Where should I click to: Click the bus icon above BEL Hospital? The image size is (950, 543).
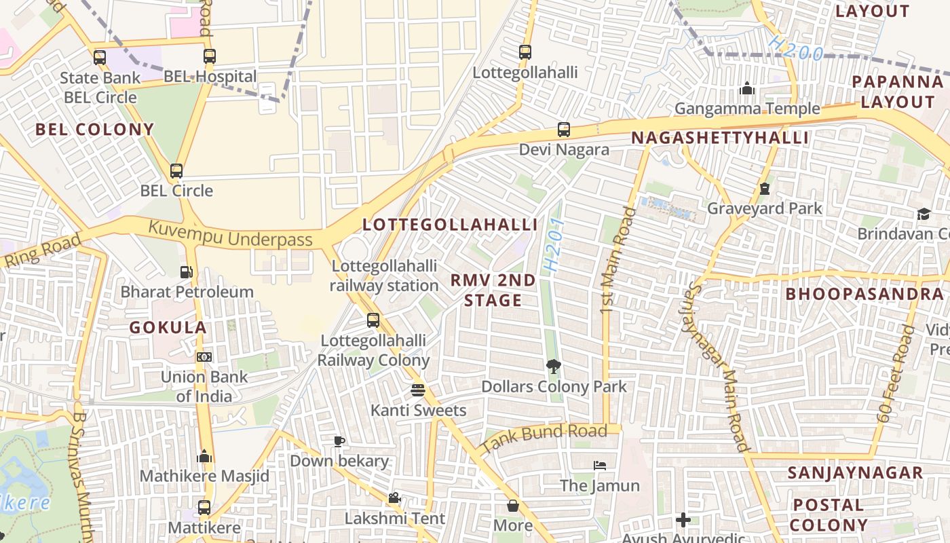[x=209, y=56]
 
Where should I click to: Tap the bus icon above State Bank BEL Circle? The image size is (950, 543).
[x=100, y=57]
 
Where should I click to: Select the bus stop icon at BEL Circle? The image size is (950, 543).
[x=176, y=170]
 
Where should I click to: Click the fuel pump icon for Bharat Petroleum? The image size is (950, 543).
[x=186, y=272]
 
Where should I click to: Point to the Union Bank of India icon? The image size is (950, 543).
[x=204, y=356]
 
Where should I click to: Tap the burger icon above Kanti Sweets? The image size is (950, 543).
[x=418, y=390]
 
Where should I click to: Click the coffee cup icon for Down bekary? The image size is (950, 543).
[x=339, y=441]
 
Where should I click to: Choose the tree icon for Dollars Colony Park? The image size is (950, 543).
[x=554, y=367]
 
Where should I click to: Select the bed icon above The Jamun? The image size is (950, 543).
[x=600, y=466]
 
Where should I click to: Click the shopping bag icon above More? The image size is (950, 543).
[x=513, y=506]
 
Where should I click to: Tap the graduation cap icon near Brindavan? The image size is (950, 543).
[x=924, y=214]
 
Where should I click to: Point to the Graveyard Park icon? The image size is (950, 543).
[x=765, y=189]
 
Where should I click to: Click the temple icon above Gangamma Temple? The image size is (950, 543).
[x=747, y=89]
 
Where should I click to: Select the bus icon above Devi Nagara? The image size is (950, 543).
[x=564, y=129]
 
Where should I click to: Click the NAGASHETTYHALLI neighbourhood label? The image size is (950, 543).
[x=720, y=138]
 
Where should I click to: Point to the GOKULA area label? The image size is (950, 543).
[x=168, y=327]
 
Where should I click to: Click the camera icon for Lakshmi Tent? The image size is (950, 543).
[x=394, y=498]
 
